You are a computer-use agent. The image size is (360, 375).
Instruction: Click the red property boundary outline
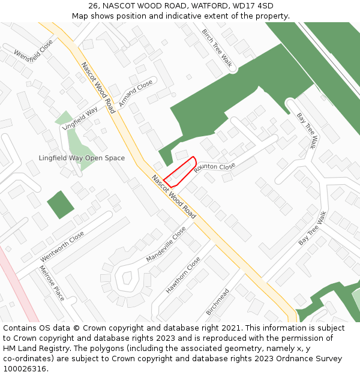(179, 170)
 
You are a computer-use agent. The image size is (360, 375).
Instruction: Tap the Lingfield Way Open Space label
(82, 158)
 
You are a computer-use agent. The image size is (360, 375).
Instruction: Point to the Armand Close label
(136, 94)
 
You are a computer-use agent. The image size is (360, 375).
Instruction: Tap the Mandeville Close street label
(166, 244)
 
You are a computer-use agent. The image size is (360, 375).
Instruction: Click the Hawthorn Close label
(183, 275)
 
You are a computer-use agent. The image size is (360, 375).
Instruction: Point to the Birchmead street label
(217, 302)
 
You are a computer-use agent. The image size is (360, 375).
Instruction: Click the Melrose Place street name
(52, 283)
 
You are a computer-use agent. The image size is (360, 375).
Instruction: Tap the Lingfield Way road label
(79, 118)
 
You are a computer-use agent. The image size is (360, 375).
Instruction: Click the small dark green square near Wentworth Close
(60, 205)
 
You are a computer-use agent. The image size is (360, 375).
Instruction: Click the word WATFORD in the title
(207, 5)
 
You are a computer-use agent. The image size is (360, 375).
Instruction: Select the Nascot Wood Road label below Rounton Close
(174, 196)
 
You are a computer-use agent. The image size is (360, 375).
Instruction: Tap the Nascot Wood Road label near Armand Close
(98, 88)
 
